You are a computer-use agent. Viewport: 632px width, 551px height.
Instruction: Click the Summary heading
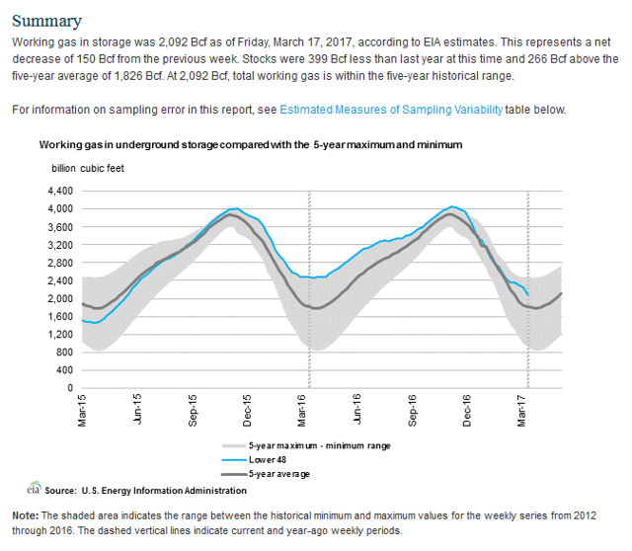(x=46, y=21)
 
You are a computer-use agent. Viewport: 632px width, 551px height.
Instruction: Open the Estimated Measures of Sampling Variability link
(x=391, y=110)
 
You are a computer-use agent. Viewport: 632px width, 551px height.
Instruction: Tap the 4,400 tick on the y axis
(x=60, y=191)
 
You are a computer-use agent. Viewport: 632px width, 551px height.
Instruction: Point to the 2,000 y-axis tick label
(x=60, y=298)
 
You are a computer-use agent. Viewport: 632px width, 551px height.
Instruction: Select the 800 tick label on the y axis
(x=65, y=353)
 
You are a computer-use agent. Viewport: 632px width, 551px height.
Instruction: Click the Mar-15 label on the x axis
(x=82, y=411)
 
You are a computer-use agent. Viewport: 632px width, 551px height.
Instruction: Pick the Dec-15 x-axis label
(x=247, y=411)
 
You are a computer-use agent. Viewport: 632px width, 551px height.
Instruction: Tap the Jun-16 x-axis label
(x=356, y=409)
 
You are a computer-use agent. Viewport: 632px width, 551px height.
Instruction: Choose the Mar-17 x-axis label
(x=521, y=411)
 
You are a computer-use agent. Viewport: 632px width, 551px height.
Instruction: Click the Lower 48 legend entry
(x=255, y=460)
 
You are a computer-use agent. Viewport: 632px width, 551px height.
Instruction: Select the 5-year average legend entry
(x=266, y=474)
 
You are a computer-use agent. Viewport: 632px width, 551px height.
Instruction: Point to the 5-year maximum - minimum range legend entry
(x=306, y=445)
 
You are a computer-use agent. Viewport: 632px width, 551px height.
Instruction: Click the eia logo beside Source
(x=35, y=488)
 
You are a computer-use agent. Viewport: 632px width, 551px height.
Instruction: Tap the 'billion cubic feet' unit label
(x=88, y=169)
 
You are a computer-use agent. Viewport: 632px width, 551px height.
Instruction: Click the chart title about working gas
(x=251, y=145)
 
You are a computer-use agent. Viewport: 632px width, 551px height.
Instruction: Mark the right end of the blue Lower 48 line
(x=528, y=295)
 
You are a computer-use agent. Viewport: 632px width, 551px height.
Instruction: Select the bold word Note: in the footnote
(x=26, y=515)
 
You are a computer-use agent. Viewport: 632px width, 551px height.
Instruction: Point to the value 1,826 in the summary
(x=129, y=76)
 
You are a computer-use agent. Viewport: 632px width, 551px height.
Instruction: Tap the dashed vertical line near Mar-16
(x=309, y=289)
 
